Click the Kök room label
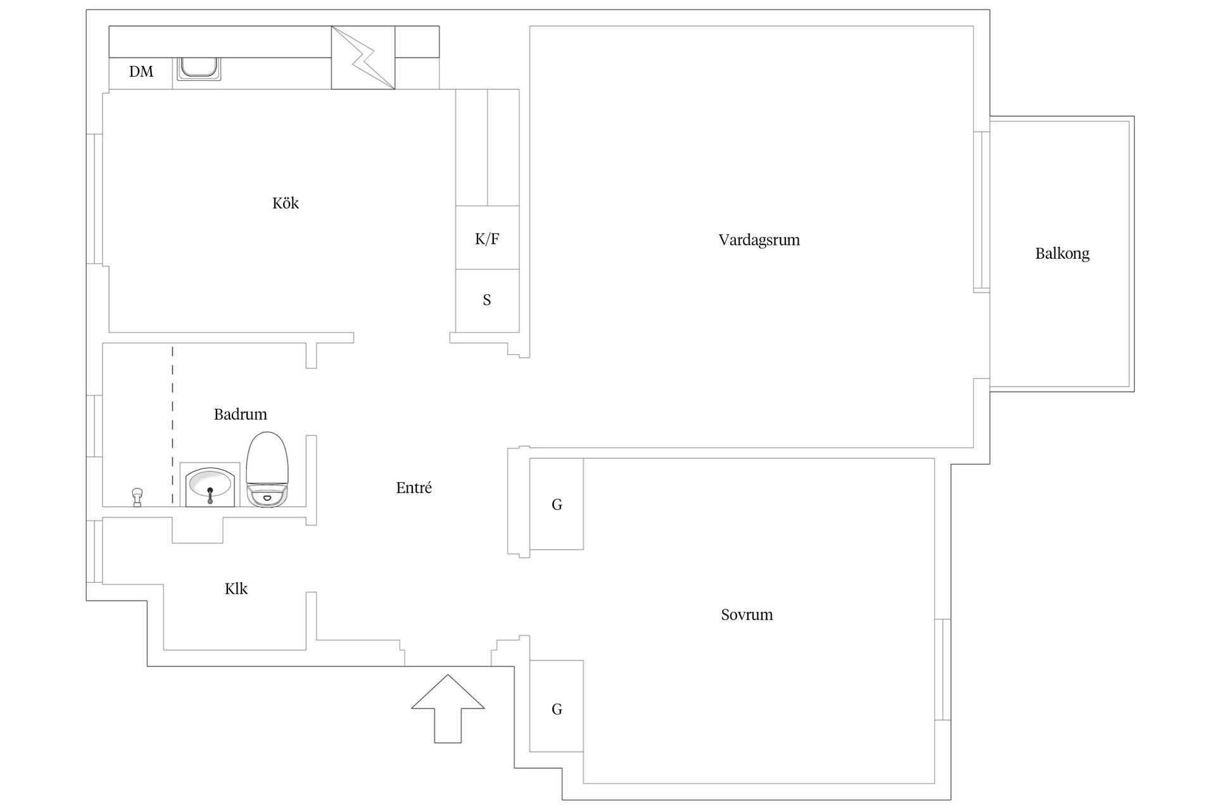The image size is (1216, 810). click(x=286, y=203)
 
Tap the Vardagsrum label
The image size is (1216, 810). click(x=759, y=240)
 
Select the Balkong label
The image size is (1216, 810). click(x=1062, y=254)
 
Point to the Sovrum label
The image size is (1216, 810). click(x=747, y=614)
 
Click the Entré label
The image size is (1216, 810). click(x=414, y=488)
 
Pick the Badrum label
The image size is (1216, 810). click(x=240, y=414)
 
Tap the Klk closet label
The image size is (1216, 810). click(x=236, y=589)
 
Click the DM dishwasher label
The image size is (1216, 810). click(x=141, y=72)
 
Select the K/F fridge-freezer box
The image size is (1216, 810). click(x=487, y=238)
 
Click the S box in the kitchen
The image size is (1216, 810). click(x=487, y=300)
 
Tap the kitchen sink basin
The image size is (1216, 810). click(x=199, y=68)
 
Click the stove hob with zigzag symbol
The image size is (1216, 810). click(x=363, y=58)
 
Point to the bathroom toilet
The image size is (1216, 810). click(x=267, y=470)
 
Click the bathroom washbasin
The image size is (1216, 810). click(x=210, y=485)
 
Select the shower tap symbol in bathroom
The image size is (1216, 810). click(x=136, y=497)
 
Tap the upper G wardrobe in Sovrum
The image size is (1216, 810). click(x=556, y=504)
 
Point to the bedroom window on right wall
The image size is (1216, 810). click(x=942, y=669)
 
